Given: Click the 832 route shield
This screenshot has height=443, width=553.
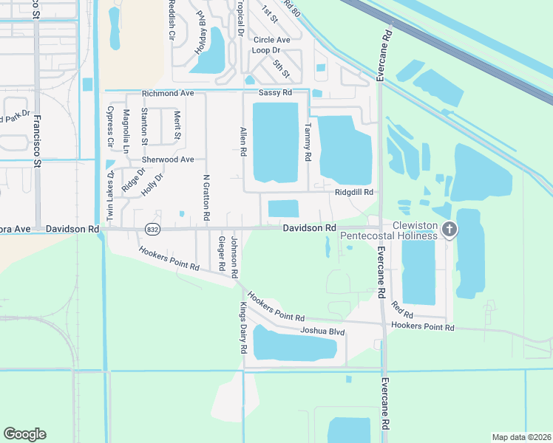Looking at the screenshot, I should (x=152, y=229).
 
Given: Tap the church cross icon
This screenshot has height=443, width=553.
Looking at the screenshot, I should (x=449, y=230).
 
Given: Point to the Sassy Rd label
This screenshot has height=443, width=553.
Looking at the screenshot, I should (x=275, y=93).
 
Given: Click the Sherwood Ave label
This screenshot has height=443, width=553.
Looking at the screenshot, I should (x=168, y=159).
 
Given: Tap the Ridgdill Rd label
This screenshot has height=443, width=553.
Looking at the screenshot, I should (x=354, y=192).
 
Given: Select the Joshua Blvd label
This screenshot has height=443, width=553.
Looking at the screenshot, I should (x=323, y=332).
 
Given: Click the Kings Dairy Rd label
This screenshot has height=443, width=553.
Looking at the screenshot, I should (x=242, y=327).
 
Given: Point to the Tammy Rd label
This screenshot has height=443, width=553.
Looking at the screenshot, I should (x=307, y=142).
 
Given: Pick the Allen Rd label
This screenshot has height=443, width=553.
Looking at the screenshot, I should (x=242, y=141).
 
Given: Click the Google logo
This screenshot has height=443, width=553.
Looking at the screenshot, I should (x=24, y=434).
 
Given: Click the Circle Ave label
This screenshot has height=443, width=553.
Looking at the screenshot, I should (x=271, y=40).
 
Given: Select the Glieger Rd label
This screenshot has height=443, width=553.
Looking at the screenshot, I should (x=221, y=253).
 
